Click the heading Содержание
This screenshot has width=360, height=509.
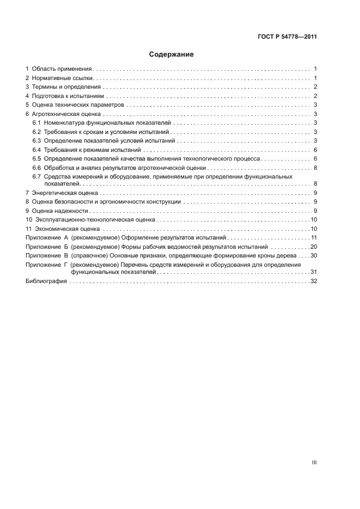(x=172, y=54)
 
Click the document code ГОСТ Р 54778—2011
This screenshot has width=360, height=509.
(x=287, y=37)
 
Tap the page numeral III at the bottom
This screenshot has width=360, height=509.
(x=314, y=462)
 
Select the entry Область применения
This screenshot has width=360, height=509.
(x=62, y=69)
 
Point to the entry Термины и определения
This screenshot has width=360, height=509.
(x=66, y=87)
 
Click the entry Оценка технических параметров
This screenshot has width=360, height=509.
(x=78, y=105)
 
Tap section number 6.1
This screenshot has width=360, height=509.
(x=37, y=123)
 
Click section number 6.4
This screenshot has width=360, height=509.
(x=37, y=149)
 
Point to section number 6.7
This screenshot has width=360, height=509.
(x=37, y=176)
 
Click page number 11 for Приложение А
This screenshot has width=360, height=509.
(x=314, y=238)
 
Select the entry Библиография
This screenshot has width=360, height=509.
(x=46, y=281)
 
